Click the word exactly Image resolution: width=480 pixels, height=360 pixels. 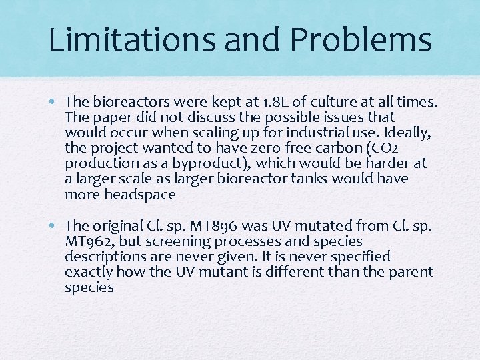89,272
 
